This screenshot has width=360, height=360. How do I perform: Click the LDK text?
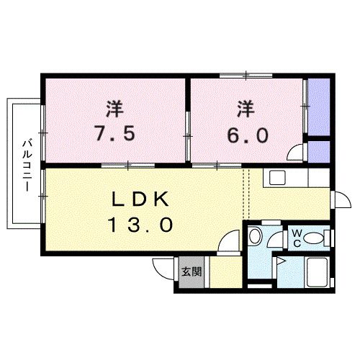(141, 199)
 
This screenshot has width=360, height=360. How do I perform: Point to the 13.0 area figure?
(141, 225)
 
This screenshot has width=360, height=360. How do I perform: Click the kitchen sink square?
(277, 177)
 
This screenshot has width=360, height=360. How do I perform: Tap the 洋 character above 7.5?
(114, 109)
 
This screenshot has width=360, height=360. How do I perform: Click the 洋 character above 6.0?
(246, 109)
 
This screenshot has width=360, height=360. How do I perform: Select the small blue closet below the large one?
(319, 152)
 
